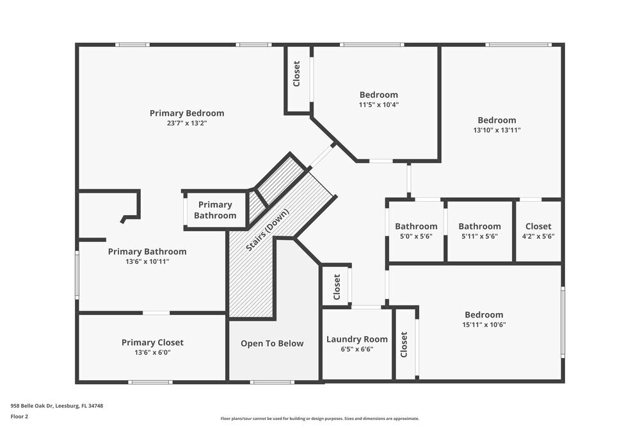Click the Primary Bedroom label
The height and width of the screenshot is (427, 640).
pos(187,113)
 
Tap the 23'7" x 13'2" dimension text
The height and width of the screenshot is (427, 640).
pos(187,123)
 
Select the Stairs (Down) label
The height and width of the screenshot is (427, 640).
pos(268,230)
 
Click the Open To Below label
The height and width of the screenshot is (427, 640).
pos(272,344)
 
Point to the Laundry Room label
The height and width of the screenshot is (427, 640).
pos(357,339)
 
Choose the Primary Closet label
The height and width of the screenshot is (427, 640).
pos(152,342)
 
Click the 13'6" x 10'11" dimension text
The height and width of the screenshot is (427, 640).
pos(147,261)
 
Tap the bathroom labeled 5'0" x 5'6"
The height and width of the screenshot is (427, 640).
pos(416,226)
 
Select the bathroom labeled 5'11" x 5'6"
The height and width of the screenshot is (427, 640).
pos(479,226)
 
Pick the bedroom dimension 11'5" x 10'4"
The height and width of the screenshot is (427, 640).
pos(378,104)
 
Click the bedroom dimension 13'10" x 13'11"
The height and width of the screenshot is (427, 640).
pos(497,130)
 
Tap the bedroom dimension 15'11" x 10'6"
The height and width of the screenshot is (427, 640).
pos(484,325)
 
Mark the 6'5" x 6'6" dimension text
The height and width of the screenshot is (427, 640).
pos(357,349)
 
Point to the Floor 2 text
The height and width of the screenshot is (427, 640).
pos(19,416)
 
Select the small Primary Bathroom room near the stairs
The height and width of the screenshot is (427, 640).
pos(215,210)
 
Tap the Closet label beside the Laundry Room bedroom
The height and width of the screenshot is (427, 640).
pos(404,344)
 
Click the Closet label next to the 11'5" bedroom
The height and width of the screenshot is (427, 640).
pos(296,74)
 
